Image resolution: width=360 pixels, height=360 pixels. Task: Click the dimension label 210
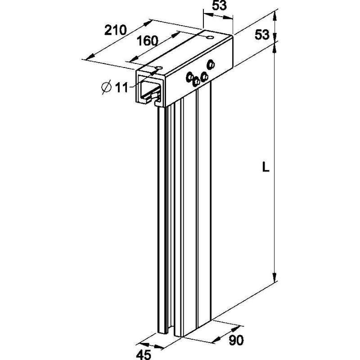pos(115,30)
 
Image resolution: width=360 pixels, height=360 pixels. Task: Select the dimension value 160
pos(148,41)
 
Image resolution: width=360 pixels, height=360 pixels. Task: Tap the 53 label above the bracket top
pos(219,5)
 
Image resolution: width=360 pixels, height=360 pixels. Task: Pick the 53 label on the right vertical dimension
pos(262,35)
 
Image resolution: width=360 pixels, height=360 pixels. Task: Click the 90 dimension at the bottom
pos(236,340)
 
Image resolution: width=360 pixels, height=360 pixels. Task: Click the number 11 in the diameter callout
pos(121,87)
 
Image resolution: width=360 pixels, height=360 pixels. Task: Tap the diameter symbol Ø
pos(106,87)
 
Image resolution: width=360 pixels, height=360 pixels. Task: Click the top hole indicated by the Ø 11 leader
pos(159,68)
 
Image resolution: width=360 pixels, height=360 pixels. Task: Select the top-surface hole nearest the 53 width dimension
pos(210,37)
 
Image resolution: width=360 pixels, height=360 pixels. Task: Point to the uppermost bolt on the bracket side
pos(211,64)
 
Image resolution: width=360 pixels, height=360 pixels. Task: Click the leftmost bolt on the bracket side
pos(189,77)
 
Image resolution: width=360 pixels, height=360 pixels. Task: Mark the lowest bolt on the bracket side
pos(196,81)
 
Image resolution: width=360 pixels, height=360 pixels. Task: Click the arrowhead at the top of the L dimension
pos(274,47)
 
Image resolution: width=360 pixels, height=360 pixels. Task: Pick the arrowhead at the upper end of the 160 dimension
pos(175,35)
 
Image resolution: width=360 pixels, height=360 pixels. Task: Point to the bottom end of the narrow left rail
pos(163,333)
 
